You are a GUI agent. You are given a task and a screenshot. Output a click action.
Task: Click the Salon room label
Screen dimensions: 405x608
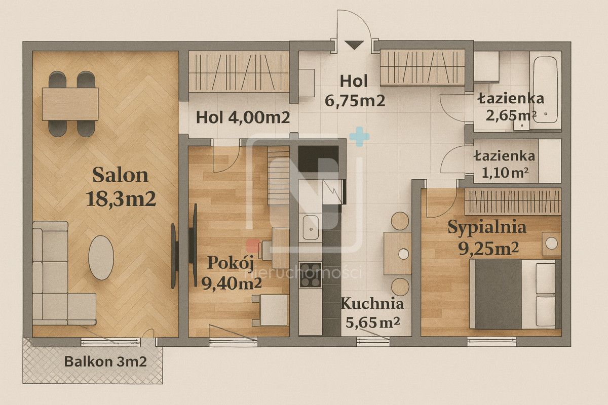pos(121,175)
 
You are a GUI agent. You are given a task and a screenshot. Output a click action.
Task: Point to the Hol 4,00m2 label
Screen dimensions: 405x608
pos(243,118)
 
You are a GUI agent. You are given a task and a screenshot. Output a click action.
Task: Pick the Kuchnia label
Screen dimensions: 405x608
pos(372,304)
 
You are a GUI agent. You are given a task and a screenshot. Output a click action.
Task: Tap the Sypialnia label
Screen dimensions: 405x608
pos(486,227)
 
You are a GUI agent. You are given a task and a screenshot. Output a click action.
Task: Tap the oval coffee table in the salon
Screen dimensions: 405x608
pos(101,257)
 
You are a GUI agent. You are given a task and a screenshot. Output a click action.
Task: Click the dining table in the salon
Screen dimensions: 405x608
pos(70,104)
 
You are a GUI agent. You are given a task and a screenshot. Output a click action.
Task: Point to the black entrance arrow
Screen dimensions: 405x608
pos(356,45)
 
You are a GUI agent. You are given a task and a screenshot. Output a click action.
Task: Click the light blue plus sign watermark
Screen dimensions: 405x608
pos(359,137)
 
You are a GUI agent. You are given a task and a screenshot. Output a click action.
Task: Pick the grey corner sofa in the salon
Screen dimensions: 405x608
pos(56,283)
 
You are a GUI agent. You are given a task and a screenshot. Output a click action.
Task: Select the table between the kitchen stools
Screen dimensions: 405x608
pos(397,253)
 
